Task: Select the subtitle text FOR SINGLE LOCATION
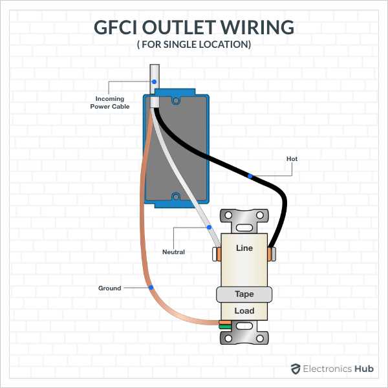click(x=194, y=45)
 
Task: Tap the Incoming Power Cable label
click(x=109, y=103)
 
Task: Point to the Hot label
click(x=292, y=158)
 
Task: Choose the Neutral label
click(x=173, y=252)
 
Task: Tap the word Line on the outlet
click(x=244, y=248)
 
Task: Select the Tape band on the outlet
click(x=244, y=294)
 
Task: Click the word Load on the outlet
click(x=244, y=311)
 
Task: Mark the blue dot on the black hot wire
click(x=250, y=176)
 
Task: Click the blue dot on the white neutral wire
click(x=208, y=228)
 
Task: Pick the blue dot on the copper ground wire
click(x=150, y=287)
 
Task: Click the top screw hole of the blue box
click(x=175, y=100)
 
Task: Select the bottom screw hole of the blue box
click(x=175, y=196)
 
